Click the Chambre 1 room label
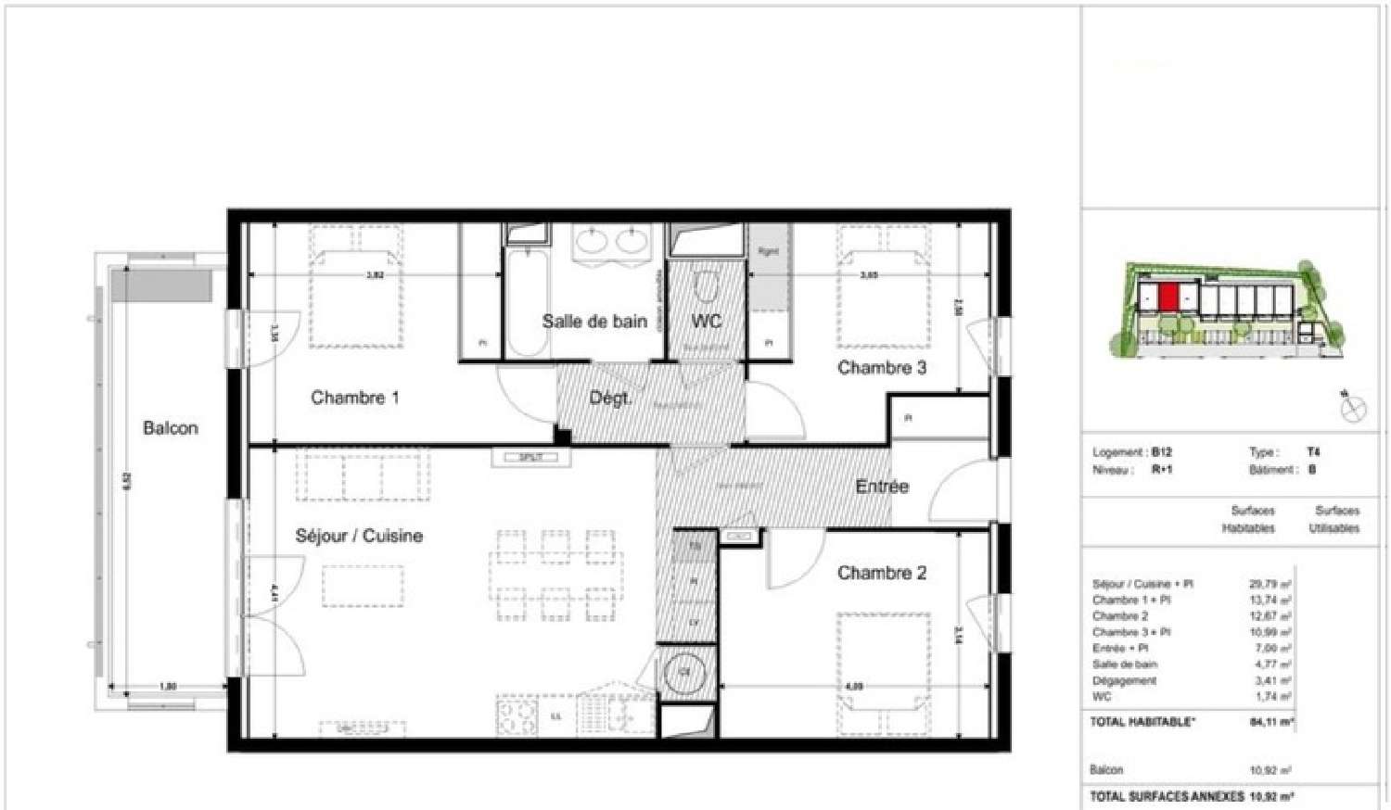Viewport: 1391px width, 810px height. coord(354,398)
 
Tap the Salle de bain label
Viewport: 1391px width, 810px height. coord(594,322)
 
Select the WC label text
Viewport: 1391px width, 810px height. coord(707,322)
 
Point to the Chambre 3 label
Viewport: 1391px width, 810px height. coord(881,367)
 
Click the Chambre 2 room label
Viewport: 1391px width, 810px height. coord(881,573)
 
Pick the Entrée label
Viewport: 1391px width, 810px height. coord(881,486)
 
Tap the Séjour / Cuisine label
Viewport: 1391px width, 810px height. coord(359,536)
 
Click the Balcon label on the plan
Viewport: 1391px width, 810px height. coord(170,428)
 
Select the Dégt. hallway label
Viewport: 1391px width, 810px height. coord(610,399)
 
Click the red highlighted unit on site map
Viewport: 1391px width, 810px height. coord(1168,297)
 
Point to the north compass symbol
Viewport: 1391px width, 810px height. coord(1353,407)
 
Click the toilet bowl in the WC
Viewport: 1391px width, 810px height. coord(707,287)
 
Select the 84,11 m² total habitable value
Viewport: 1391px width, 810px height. coord(1271,722)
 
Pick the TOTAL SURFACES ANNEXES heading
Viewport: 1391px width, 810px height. coord(1167,796)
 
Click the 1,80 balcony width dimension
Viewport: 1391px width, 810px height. coord(168,687)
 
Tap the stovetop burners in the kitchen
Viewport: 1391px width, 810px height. coord(517,715)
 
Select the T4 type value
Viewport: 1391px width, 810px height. coord(1313,452)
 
